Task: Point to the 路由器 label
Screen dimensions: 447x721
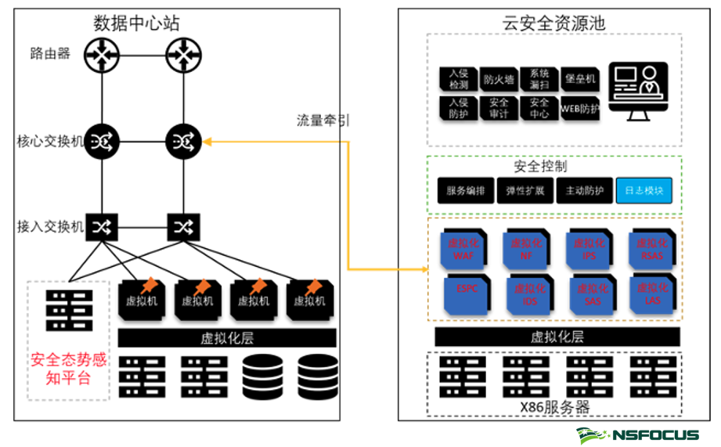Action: [x=50, y=54]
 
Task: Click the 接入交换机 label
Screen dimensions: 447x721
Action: [x=49, y=227]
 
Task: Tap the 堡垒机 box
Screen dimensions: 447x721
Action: [x=580, y=79]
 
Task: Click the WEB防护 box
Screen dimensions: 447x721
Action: [x=580, y=108]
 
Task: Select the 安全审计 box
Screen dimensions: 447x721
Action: [x=498, y=108]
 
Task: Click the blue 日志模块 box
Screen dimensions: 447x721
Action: [x=643, y=191]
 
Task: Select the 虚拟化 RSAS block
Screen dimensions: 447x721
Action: [x=652, y=249]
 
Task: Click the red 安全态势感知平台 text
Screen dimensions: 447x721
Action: [x=68, y=369]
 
